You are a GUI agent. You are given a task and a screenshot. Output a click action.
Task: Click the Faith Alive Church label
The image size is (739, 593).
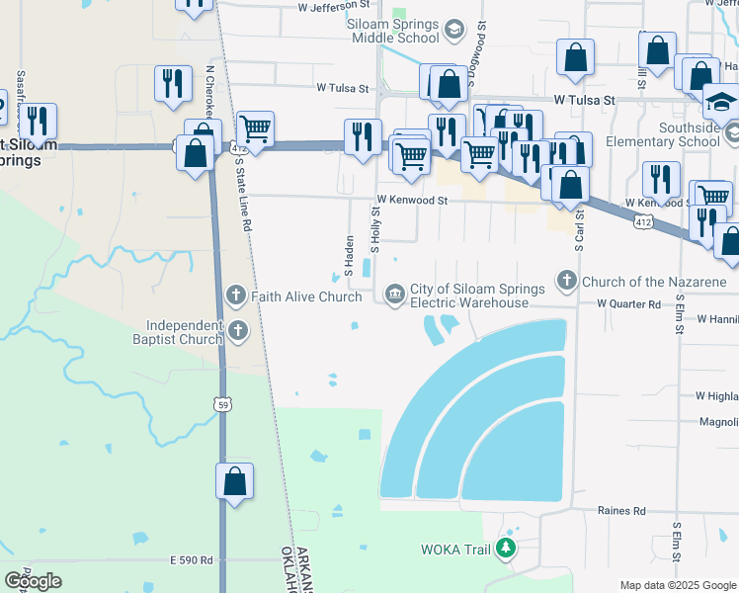(306, 296)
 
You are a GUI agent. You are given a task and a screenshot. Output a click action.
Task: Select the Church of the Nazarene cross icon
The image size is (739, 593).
(567, 282)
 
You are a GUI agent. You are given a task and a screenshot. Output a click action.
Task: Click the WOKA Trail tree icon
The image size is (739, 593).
(507, 547)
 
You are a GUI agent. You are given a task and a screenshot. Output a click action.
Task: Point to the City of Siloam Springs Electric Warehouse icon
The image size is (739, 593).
(394, 294)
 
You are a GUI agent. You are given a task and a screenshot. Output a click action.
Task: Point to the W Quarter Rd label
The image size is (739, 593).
(628, 305)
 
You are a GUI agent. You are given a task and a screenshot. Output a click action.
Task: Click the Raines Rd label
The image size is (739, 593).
(621, 511)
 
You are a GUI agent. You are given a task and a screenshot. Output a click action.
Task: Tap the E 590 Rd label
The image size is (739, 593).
(192, 560)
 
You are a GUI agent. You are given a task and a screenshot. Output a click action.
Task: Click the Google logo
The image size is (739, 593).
(33, 580)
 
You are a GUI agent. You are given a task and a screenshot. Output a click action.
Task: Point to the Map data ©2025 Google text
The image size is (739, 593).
(677, 585)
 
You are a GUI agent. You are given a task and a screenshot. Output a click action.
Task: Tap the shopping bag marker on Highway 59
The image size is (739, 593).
(235, 483)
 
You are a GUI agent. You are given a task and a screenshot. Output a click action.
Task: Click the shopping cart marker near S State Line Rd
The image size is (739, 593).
(255, 128)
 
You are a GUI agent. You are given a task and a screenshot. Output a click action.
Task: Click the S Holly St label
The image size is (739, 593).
(375, 228)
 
